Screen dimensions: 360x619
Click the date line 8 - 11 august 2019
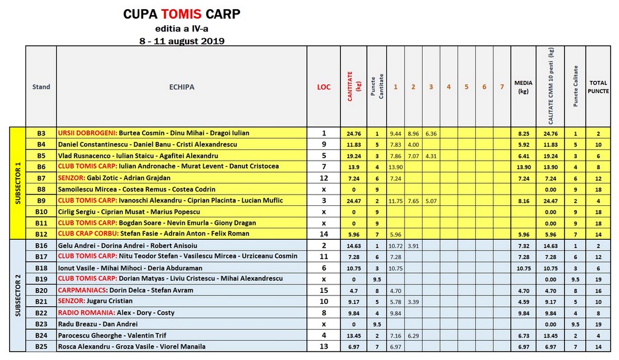coord(181,41)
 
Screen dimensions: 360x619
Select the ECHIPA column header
coord(181,87)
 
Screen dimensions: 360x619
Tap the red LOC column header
coord(324,87)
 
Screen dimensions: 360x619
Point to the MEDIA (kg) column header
coord(523,87)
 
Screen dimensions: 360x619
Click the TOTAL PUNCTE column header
coord(598,87)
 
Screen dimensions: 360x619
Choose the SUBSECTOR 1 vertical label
coord(18,183)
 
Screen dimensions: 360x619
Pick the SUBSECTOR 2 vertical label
coord(18,295)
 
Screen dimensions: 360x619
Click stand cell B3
coord(41,133)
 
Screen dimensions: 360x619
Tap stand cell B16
coord(41,246)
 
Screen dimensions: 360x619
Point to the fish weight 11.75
coord(395,201)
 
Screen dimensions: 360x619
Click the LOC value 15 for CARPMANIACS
coord(324,291)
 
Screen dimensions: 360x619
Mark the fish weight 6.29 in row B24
coord(413,335)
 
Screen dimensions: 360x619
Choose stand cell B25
coord(41,347)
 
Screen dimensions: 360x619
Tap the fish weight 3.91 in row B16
coord(413,246)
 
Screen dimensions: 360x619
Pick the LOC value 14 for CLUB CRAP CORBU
coord(324,234)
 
